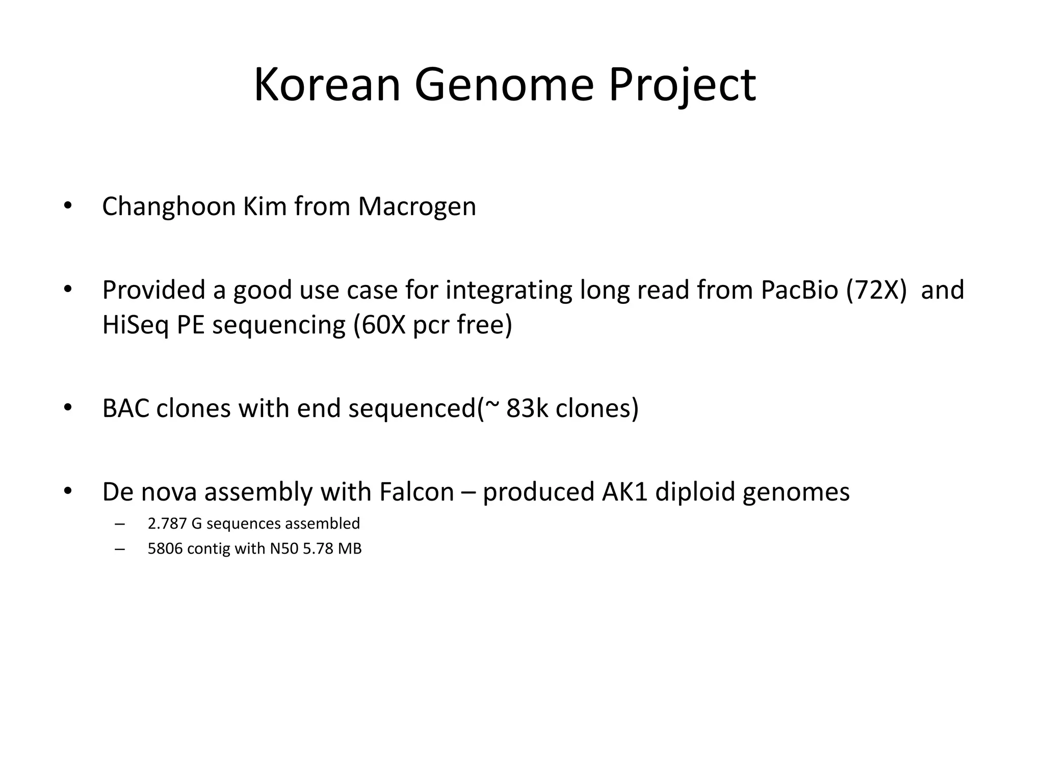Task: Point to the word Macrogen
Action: click(x=416, y=207)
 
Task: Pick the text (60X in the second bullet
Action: click(x=379, y=325)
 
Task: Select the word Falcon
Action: click(x=416, y=492)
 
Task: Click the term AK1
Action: click(x=624, y=492)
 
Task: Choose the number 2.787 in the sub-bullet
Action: click(x=167, y=524)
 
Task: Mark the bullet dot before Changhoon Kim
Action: click(x=67, y=206)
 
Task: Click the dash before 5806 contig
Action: click(x=120, y=549)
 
